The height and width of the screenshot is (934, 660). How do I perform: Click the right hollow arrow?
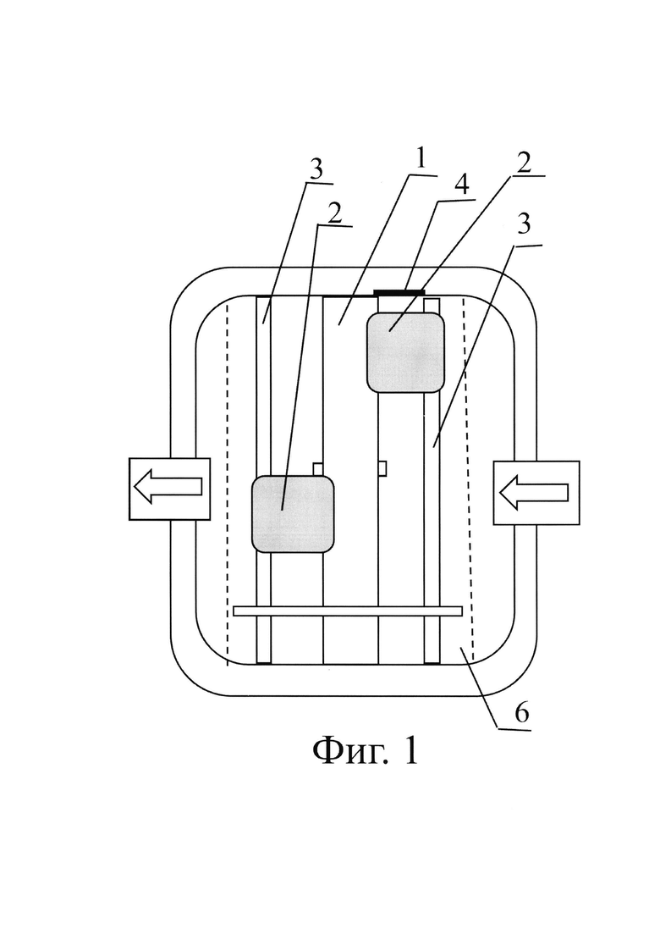pyautogui.click(x=534, y=492)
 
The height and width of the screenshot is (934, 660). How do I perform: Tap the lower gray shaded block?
pyautogui.click(x=293, y=514)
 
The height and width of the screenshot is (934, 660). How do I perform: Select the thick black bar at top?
pyautogui.click(x=399, y=292)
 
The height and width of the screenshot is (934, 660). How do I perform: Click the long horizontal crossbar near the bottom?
pyautogui.click(x=348, y=611)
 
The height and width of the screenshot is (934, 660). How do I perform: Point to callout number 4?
pyautogui.click(x=460, y=185)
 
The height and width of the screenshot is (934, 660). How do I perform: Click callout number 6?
pyautogui.click(x=521, y=712)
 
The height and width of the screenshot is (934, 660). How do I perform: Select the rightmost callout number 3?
pyautogui.click(x=524, y=224)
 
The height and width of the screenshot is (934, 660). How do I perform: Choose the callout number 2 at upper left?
pyautogui.click(x=335, y=213)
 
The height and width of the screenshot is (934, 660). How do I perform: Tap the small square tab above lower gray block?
pyautogui.click(x=318, y=468)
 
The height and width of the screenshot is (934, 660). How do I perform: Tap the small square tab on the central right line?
pyautogui.click(x=382, y=468)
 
